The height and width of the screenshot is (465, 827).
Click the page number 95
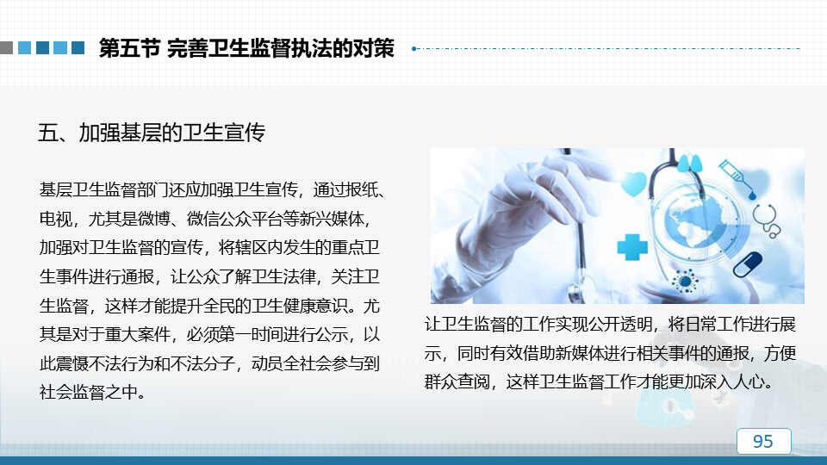762,441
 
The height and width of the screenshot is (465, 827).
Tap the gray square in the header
6,48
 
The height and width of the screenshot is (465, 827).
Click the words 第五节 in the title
129,48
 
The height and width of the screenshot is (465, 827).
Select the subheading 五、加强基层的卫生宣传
152,133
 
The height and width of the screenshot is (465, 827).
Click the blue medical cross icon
632,247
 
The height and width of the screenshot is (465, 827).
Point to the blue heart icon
633,183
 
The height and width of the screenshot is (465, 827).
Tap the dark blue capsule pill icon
748,264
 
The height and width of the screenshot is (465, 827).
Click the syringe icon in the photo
737,179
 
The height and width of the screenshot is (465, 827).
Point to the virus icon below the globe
685,281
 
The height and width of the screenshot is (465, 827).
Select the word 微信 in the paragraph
203,218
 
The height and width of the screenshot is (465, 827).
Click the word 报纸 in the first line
362,189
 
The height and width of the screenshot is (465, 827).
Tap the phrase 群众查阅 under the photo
457,381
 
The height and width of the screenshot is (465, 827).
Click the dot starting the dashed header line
414,48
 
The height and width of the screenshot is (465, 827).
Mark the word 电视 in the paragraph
56,218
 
